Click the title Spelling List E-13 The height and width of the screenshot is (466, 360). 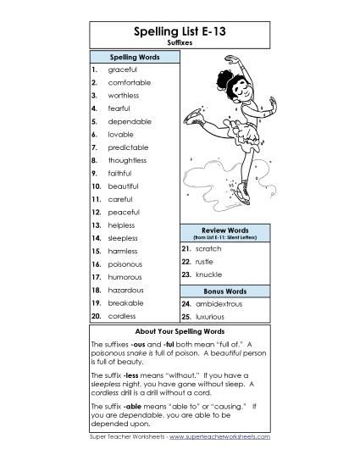[180, 32]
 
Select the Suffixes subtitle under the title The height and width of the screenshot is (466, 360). [180, 45]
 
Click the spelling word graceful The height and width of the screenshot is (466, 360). [124, 69]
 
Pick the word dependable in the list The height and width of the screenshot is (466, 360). [130, 121]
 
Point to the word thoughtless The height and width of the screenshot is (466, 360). [128, 160]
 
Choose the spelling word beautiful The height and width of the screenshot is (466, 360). [124, 186]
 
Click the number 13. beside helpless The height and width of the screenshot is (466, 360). [97, 225]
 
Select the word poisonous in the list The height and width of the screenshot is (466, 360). [126, 264]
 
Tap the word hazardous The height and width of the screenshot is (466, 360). [127, 290]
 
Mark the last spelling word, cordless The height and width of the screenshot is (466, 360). [122, 315]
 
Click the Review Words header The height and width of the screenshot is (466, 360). [224, 230]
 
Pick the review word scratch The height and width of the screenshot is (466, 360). [208, 249]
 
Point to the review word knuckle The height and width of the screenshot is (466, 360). [208, 275]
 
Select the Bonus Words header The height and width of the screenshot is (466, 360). [224, 290]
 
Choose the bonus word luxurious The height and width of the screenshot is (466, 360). [213, 315]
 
